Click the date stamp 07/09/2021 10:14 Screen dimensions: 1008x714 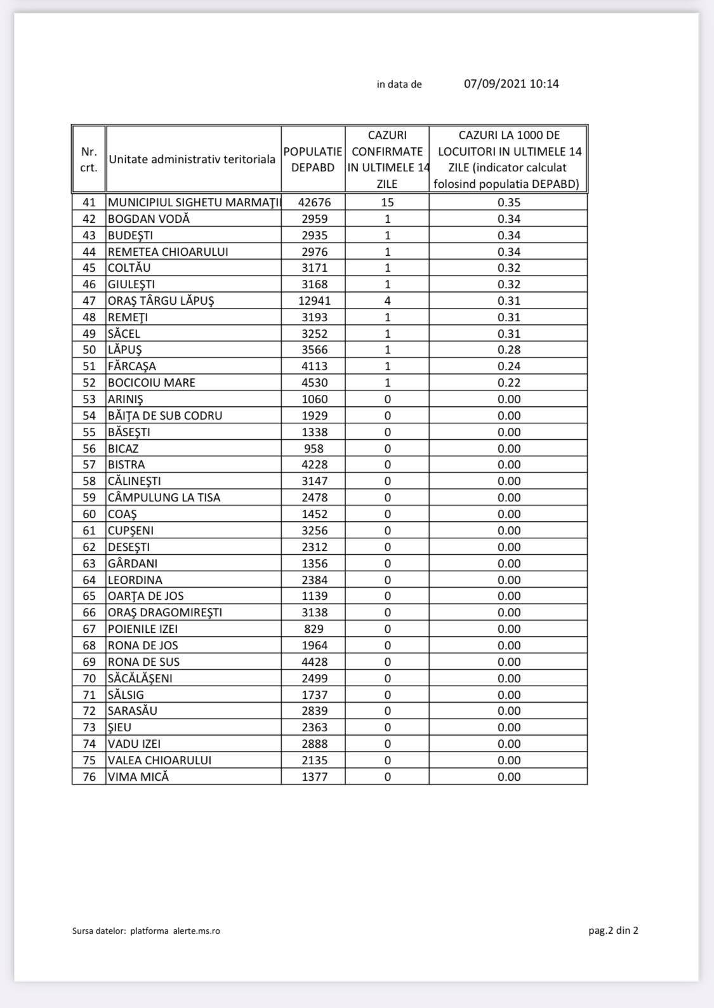pos(511,84)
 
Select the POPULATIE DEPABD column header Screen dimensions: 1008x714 pos(313,159)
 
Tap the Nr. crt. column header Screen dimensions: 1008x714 pos(89,159)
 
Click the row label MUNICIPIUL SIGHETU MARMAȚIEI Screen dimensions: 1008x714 pos(194,202)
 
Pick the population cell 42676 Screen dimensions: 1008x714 pos(314,202)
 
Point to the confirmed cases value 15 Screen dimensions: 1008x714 pos(387,202)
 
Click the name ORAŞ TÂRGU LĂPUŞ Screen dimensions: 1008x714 pos(161,301)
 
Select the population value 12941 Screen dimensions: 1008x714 pos(314,301)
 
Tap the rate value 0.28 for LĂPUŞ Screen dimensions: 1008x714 pos(509,350)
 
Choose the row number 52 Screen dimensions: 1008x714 pos(89,383)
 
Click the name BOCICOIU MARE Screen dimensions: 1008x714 pos(152,383)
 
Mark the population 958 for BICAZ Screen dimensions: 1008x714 pos(314,449)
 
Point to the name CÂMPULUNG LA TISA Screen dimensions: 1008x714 pos(164,498)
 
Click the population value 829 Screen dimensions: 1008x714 pos(314,629)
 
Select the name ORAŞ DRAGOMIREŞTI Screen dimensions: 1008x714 pos(165,613)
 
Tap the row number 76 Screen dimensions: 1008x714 pos(89,777)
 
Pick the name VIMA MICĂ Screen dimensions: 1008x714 pos(138,777)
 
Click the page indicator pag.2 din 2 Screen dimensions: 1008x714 pos(613,931)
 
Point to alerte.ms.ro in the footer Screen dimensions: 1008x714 pos(197,931)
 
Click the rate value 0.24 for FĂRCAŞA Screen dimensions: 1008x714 pos(509,366)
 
